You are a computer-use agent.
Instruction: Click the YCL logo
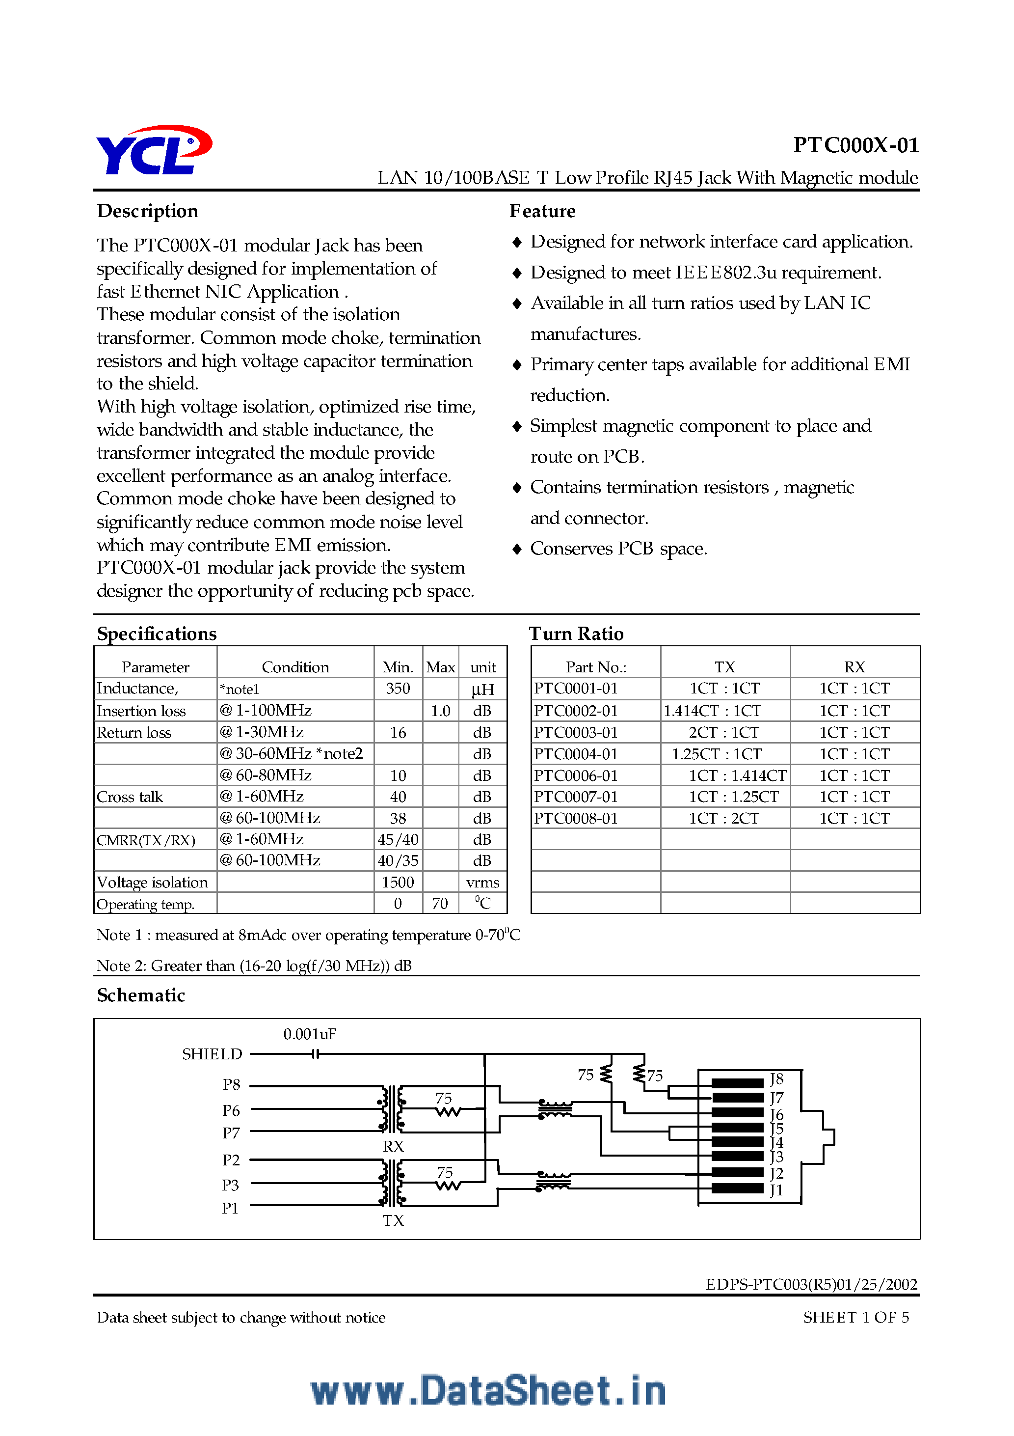coord(153,150)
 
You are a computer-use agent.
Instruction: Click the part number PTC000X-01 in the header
coord(855,145)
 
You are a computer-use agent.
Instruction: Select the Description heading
coord(148,211)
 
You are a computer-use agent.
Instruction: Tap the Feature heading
coord(542,211)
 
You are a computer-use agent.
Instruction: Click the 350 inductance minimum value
coord(398,689)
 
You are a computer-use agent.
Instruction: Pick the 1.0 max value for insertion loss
coord(440,711)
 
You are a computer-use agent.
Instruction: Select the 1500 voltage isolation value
coord(398,882)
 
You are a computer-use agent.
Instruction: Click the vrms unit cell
coord(482,883)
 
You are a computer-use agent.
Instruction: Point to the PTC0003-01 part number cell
coord(576,732)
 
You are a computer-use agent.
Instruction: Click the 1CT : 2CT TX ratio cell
coord(724,818)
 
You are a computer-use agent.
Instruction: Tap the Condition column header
coord(295,667)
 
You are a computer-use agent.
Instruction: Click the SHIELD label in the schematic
coord(212,1054)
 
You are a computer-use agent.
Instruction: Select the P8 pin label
coord(231,1084)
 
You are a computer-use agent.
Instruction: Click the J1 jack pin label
coord(776,1190)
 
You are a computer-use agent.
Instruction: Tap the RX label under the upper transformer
coord(393,1146)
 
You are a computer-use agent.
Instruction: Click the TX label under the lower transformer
coord(393,1220)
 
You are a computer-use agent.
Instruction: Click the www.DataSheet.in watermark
coord(488,1390)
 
